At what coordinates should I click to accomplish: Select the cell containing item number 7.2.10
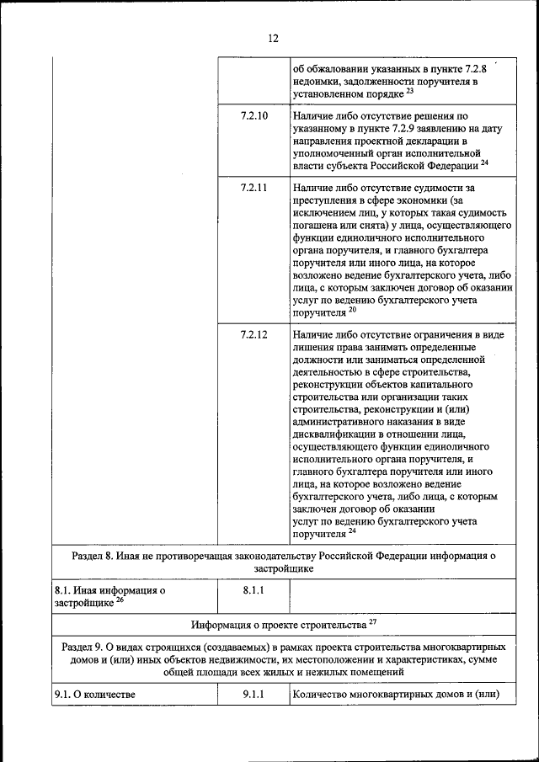(253, 115)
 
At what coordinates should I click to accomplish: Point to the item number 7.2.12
(253, 334)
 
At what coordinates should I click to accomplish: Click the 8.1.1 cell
(253, 591)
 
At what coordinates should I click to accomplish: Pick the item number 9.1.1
(253, 695)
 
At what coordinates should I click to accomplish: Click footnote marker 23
(410, 90)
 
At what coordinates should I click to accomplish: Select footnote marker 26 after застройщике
(120, 599)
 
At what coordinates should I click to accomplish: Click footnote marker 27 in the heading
(373, 622)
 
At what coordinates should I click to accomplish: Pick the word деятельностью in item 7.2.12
(328, 371)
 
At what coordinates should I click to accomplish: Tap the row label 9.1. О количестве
(94, 695)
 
